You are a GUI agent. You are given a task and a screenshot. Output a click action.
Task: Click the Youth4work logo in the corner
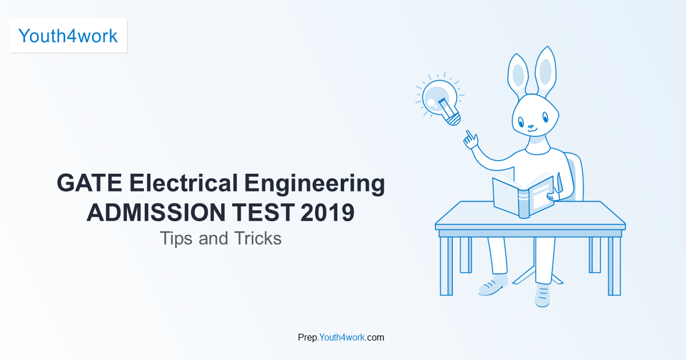[68, 36]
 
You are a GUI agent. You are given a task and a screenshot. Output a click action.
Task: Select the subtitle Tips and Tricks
[221, 238]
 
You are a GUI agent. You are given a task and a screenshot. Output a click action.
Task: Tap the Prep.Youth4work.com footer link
[341, 337]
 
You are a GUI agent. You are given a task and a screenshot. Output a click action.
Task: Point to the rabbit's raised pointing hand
[470, 139]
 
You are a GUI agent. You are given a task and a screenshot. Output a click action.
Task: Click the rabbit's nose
[531, 126]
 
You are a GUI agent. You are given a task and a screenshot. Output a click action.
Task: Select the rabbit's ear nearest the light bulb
[518, 74]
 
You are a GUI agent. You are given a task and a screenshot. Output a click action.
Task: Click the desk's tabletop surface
[529, 215]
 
